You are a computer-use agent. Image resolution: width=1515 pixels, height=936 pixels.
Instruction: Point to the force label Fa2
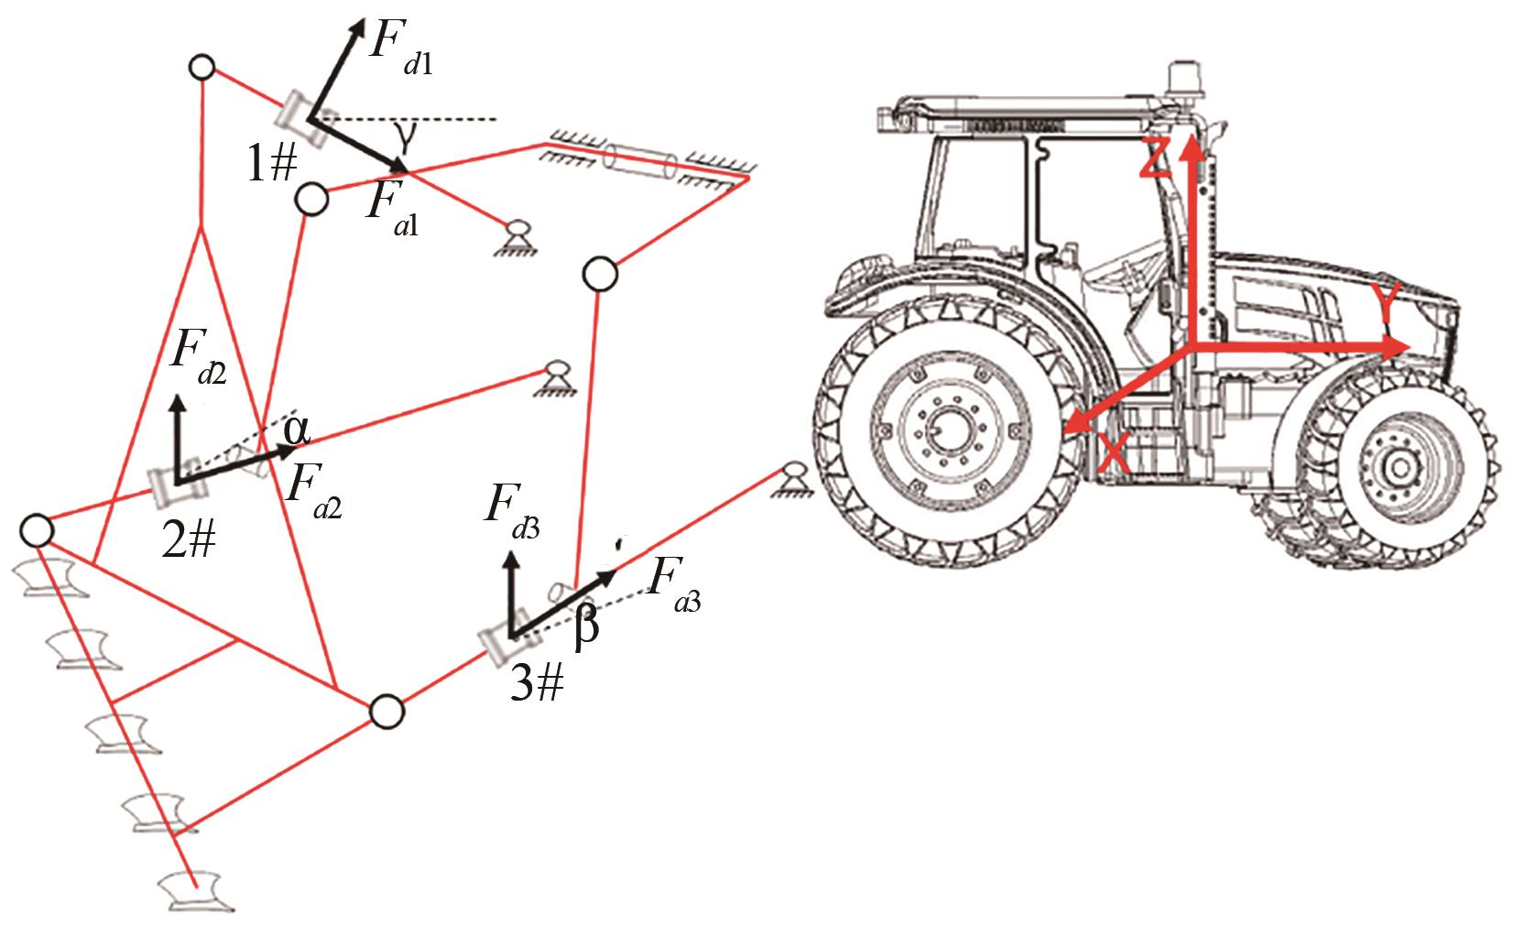coord(313,492)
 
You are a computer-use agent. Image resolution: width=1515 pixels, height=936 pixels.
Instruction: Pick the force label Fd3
coord(512,513)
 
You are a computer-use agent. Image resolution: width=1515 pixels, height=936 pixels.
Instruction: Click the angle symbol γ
coord(405,136)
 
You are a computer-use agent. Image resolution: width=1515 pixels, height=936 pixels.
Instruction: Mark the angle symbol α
coord(296,430)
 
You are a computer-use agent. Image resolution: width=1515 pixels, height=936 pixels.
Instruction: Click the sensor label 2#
coord(189,541)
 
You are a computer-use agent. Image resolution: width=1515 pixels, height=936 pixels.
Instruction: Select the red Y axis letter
coord(1386,303)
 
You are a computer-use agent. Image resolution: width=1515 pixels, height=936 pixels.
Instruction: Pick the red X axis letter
coord(1114,452)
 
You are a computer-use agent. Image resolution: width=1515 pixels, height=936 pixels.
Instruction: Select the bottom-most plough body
coord(195,892)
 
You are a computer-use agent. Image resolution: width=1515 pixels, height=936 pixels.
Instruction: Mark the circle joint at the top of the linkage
coord(201,68)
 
